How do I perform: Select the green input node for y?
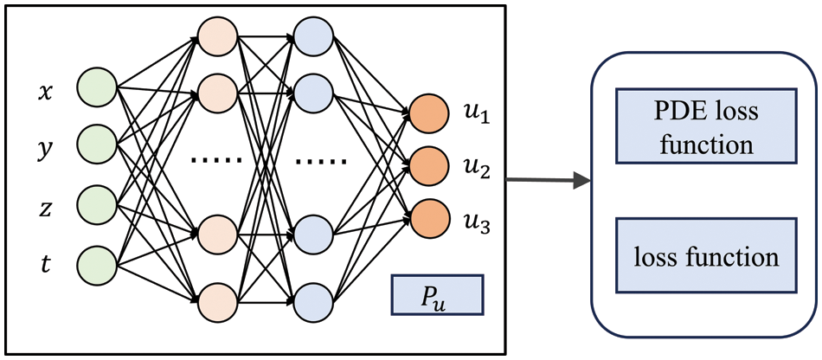[97, 145]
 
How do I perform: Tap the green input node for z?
[97, 204]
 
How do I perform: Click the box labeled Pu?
[436, 295]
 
